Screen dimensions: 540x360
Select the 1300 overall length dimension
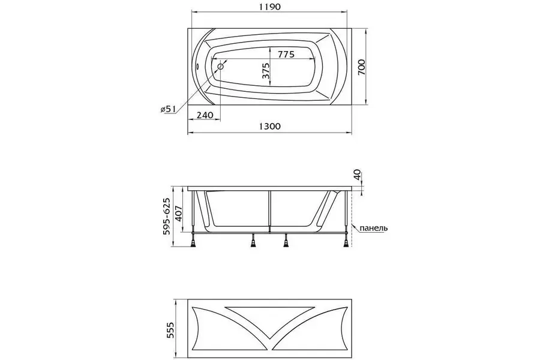coord(269,127)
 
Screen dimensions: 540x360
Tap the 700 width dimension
coord(362,67)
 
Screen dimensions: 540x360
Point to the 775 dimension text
coord(286,54)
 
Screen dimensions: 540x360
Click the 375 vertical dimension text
coord(266,71)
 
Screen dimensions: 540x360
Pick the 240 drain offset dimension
coord(205,115)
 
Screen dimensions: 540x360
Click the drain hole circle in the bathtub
coord(220,67)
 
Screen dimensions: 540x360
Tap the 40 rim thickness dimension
coord(358,175)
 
